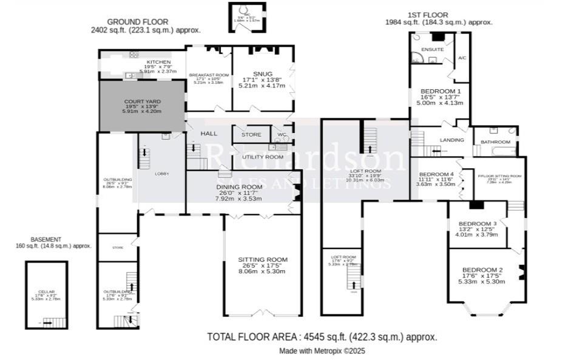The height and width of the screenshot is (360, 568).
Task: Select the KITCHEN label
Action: (x=158, y=63)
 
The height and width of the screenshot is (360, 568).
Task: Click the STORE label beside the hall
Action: (x=251, y=135)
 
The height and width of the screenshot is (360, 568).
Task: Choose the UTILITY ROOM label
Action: (x=263, y=157)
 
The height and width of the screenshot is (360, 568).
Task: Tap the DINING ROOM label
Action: (x=239, y=187)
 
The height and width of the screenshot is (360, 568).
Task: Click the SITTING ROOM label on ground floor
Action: (x=263, y=260)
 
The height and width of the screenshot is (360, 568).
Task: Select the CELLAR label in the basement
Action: (x=46, y=292)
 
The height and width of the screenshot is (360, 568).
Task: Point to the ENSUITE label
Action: (x=432, y=49)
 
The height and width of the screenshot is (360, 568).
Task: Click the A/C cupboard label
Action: (x=462, y=58)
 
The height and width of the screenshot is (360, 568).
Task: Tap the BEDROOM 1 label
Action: (x=441, y=91)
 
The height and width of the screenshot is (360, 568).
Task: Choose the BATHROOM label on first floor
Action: (x=495, y=142)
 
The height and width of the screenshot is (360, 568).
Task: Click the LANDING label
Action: (x=452, y=140)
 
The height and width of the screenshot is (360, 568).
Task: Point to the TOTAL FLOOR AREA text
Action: (x=322, y=336)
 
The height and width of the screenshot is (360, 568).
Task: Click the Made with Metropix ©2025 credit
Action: (x=322, y=351)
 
